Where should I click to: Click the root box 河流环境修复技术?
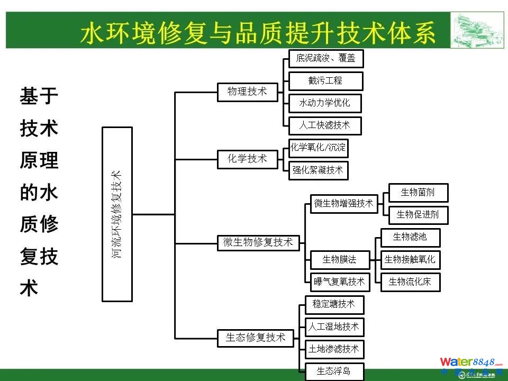(117, 214)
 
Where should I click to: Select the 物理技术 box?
(247, 92)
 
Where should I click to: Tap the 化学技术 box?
(247, 158)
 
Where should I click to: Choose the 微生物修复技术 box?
(258, 242)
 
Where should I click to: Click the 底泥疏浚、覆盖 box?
(326, 59)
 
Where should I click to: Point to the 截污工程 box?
(325, 81)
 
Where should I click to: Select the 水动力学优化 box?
(325, 103)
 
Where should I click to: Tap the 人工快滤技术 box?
(325, 125)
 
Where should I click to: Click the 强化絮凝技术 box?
(318, 170)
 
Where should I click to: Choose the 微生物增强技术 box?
(344, 203)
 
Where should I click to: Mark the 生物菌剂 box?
(418, 193)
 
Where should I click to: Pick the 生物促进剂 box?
(418, 214)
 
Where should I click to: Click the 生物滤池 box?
(410, 237)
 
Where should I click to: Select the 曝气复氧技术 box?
(340, 282)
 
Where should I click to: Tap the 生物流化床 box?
(410, 282)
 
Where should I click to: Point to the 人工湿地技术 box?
(334, 327)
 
